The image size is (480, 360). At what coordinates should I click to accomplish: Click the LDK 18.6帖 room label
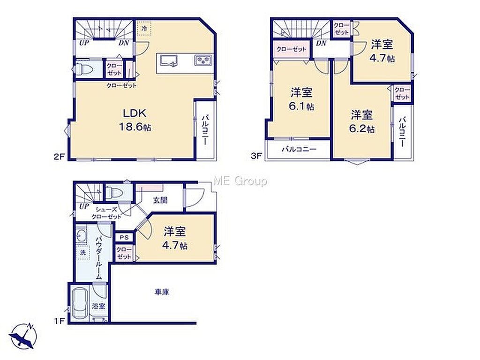tap(135, 120)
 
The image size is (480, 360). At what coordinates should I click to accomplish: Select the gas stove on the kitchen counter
tap(203, 60)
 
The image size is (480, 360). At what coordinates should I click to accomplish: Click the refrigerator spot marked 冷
tap(144, 28)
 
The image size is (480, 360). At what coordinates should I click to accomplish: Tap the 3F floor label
tap(256, 156)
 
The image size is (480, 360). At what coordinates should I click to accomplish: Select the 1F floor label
tap(60, 321)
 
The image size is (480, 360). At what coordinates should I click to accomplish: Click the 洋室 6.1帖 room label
tap(301, 99)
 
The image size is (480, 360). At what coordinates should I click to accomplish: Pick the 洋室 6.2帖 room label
tap(362, 121)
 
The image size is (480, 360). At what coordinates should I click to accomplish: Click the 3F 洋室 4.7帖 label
tap(382, 51)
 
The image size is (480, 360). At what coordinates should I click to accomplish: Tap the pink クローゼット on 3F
tap(291, 49)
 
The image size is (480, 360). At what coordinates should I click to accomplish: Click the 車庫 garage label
tap(161, 292)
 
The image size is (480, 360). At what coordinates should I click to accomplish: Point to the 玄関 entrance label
tap(160, 200)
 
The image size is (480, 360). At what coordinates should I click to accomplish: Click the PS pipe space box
tap(124, 237)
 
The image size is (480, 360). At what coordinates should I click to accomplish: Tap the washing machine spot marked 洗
tap(83, 252)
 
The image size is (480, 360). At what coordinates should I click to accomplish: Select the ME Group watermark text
tap(240, 181)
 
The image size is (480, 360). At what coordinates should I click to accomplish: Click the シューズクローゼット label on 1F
tap(106, 213)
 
